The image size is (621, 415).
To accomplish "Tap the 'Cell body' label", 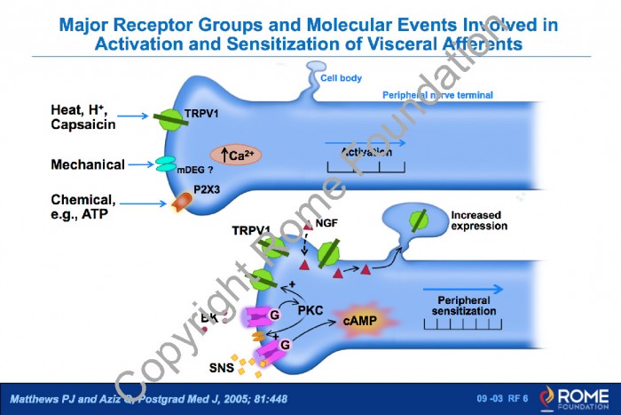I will pyautogui.click(x=342, y=78).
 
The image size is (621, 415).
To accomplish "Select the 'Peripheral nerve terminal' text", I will pyautogui.click(x=437, y=95).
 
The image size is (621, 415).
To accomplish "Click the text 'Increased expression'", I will pyautogui.click(x=479, y=220).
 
